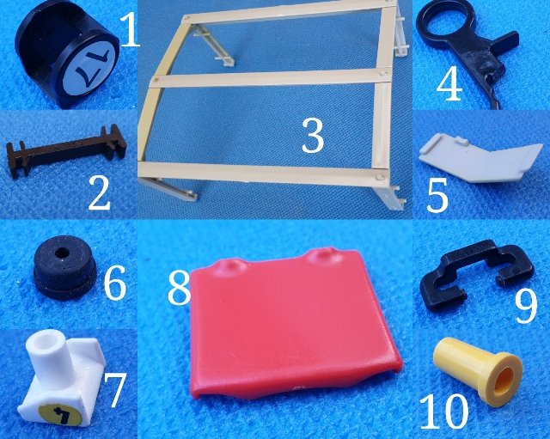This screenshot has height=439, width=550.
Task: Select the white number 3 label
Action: coord(313,136)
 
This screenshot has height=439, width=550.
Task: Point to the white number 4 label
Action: coord(449,83)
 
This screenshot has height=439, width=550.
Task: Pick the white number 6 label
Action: coord(115,283)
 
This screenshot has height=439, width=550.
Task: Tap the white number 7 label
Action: coord(114,390)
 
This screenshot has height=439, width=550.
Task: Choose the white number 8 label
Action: coord(179,288)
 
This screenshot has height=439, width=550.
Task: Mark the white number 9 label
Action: coord(526,307)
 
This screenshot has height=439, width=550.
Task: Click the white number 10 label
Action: coord(443,412)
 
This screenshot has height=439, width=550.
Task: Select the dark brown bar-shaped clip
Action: coord(66,151)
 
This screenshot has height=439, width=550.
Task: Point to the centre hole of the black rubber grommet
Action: coord(63,252)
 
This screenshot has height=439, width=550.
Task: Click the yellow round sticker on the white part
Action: coord(60,414)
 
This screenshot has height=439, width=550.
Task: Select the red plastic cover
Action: coord(294,322)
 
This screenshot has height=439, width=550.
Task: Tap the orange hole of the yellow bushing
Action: coord(504,381)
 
